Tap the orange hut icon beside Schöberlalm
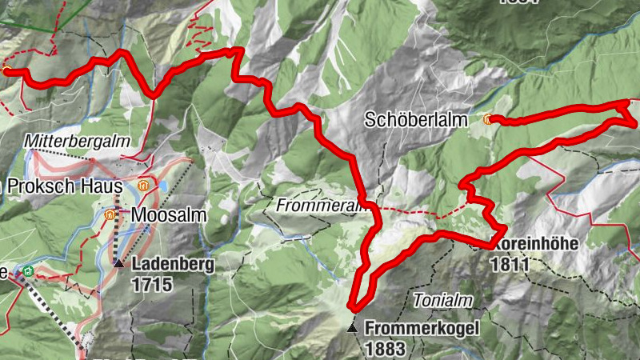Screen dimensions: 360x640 (x=488, y=119)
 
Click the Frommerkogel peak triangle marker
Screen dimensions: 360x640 (x=352, y=327)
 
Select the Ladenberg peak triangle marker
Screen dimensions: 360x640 (x=119, y=262)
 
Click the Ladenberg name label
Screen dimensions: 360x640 (x=174, y=264)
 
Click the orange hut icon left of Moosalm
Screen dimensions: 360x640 (x=111, y=214)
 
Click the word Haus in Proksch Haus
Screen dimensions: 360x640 (x=99, y=186)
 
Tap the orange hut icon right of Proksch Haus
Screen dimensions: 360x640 (x=142, y=186)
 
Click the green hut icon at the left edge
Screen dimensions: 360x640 (x=29, y=271)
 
